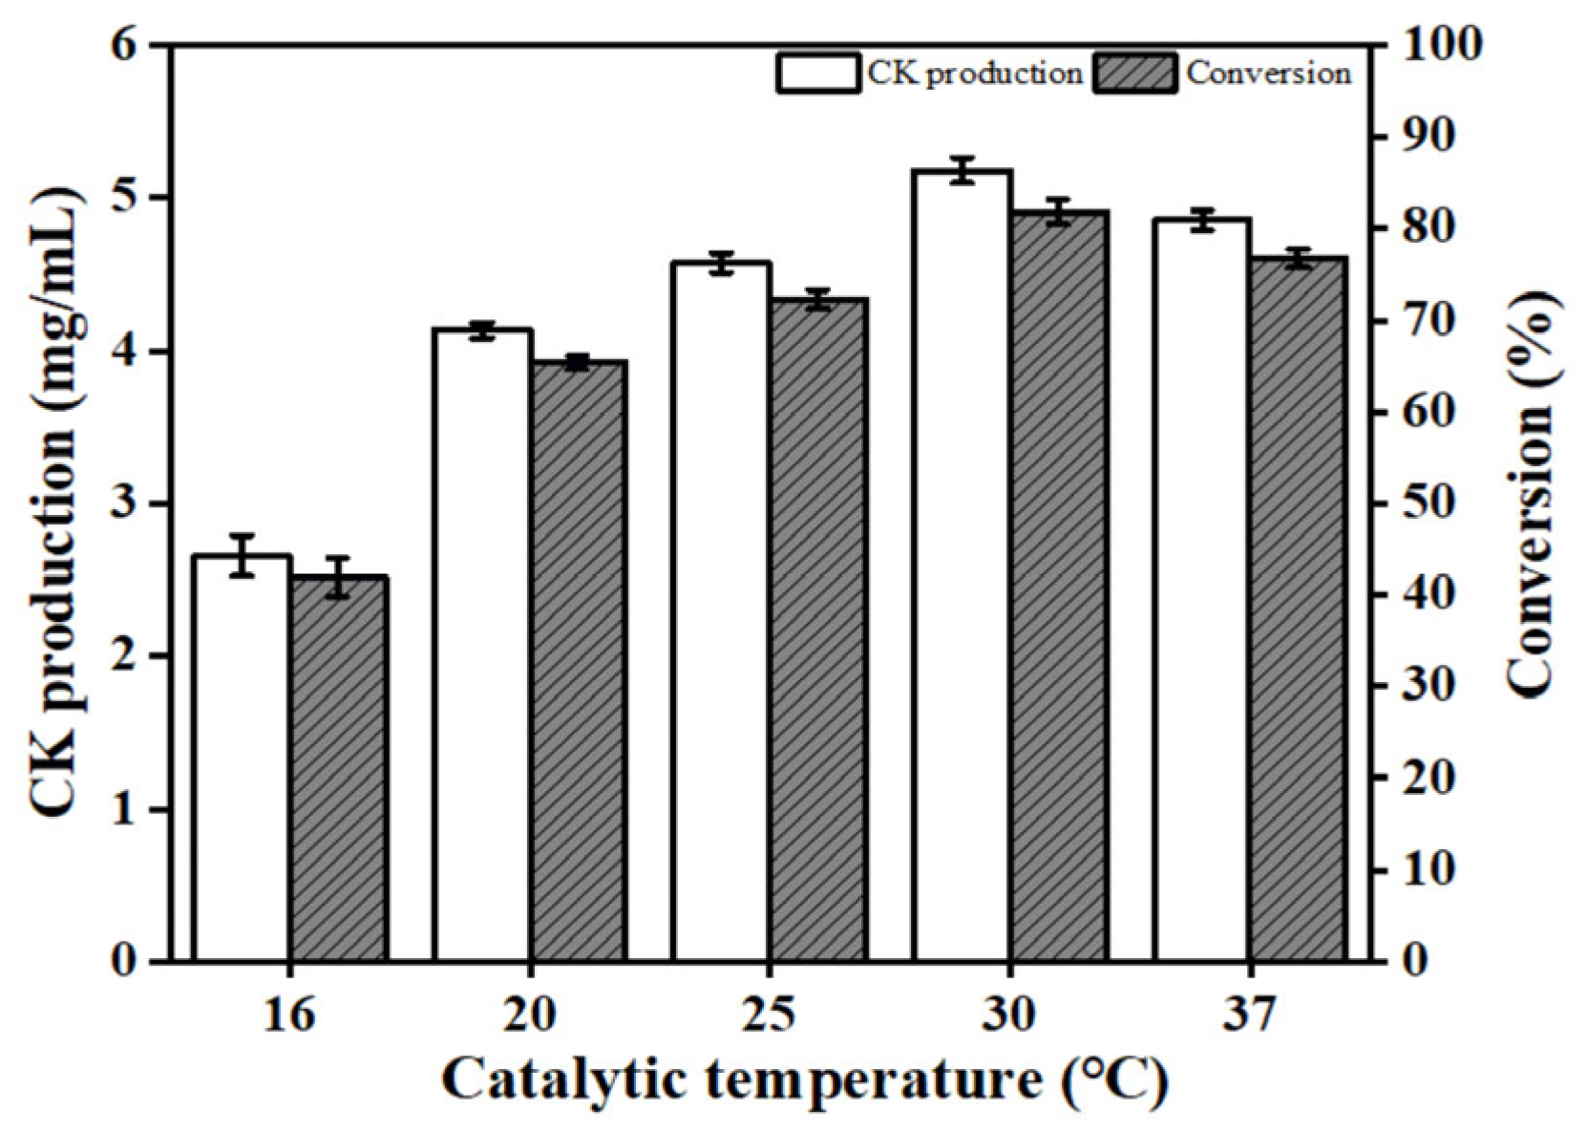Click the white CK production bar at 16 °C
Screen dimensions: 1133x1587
click(x=242, y=759)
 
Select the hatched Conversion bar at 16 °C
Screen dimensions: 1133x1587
click(x=339, y=769)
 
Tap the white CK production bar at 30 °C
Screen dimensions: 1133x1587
click(x=962, y=564)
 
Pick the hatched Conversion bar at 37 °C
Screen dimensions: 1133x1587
click(x=1299, y=611)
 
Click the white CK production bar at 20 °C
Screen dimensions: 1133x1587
click(x=482, y=645)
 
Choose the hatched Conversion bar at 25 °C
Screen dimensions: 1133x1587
click(x=819, y=631)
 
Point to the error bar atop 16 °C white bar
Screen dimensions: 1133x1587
click(x=242, y=555)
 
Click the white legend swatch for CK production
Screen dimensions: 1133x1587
click(x=817, y=74)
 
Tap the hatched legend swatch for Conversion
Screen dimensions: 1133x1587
click(x=1135, y=74)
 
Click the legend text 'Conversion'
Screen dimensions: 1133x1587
click(x=1268, y=74)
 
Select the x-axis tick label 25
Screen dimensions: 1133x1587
click(x=770, y=1015)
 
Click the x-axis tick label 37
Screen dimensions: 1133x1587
click(x=1249, y=1015)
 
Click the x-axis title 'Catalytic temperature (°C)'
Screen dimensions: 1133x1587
click(x=804, y=1081)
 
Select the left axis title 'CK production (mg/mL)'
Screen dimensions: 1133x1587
click(x=59, y=503)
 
